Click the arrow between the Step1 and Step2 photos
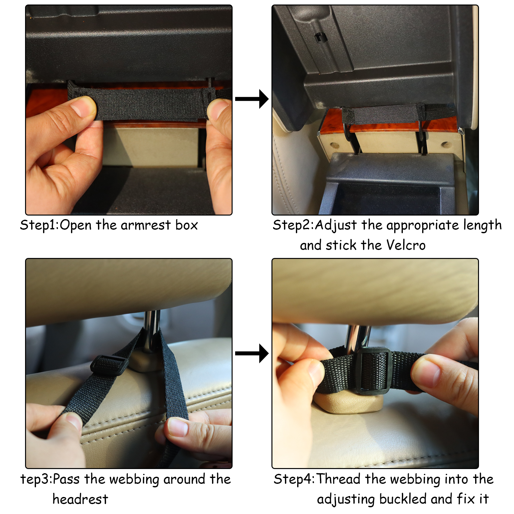252,99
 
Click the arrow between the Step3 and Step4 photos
252,353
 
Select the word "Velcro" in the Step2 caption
406,245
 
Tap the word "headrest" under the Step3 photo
80,499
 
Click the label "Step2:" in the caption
293,225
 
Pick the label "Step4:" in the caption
294,479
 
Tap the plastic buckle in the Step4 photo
374,371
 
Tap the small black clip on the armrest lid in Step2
320,37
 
